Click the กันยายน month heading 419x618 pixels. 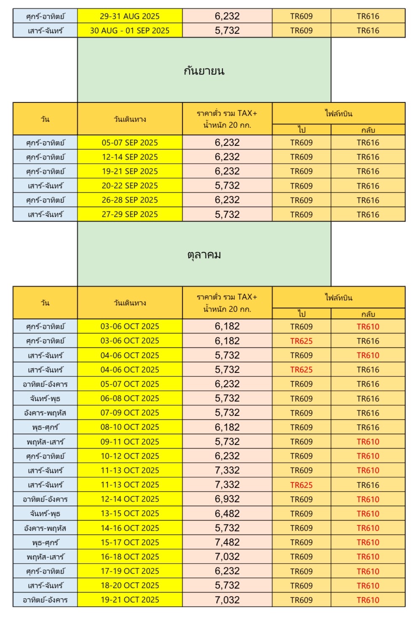pyautogui.click(x=204, y=70)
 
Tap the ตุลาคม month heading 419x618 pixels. pyautogui.click(x=204, y=254)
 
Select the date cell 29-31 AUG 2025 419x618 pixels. pyautogui.click(x=130, y=16)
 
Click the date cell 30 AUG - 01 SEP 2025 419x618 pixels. pyautogui.click(x=130, y=31)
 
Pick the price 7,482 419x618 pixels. pyautogui.click(x=227, y=542)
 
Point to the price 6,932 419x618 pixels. pyautogui.click(x=227, y=499)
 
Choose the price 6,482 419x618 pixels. pyautogui.click(x=227, y=514)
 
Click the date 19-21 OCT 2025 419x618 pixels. pyautogui.click(x=130, y=600)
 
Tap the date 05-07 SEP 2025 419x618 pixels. pyautogui.click(x=130, y=143)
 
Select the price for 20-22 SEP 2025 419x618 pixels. pyautogui.click(x=227, y=186)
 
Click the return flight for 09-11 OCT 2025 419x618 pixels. pyautogui.click(x=368, y=441)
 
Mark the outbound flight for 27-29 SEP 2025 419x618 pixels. pyautogui.click(x=301, y=214)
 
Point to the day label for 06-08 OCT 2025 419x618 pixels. pyautogui.click(x=45, y=399)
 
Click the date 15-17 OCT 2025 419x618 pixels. pyautogui.click(x=130, y=542)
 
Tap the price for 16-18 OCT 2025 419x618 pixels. pyautogui.click(x=227, y=556)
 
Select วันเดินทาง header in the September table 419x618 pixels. pyautogui.click(x=130, y=119)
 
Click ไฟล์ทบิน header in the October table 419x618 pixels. pyautogui.click(x=338, y=297)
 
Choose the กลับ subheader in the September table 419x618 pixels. pyautogui.click(x=368, y=130)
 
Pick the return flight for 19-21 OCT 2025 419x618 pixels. pyautogui.click(x=368, y=600)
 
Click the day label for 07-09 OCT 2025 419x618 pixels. pyautogui.click(x=45, y=413)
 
